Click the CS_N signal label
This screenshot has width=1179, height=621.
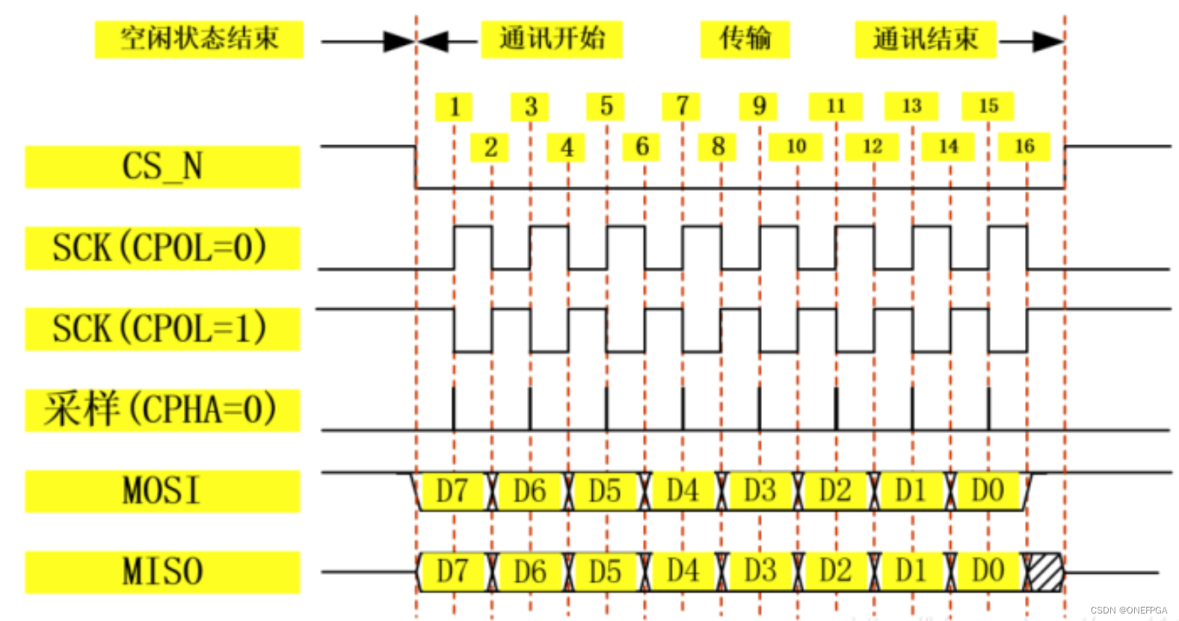coord(162,166)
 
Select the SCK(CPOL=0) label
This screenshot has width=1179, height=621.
coord(162,248)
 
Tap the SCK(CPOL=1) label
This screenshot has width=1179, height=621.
coord(162,329)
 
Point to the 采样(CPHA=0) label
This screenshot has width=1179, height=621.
coord(162,410)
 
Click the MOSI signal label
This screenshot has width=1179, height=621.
coord(162,492)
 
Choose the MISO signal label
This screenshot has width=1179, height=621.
coord(162,572)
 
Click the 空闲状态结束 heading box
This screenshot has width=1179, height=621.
coord(199,39)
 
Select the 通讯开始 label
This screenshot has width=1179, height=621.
coord(552,39)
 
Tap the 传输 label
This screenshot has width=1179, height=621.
coord(745,39)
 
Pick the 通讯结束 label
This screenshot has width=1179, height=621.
coord(926,39)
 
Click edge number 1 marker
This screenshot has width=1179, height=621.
coord(454,107)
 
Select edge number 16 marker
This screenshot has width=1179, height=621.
coord(1024,147)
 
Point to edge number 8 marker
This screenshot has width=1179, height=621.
coord(718,147)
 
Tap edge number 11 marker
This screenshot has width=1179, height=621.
coord(836,107)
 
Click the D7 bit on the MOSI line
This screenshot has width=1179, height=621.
coord(452,492)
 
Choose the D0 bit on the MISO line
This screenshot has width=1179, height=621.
coord(988,572)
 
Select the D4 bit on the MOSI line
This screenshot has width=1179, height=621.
coord(683,492)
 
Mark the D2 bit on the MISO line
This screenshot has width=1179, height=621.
coord(835,572)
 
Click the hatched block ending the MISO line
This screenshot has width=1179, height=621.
coord(1044,572)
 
